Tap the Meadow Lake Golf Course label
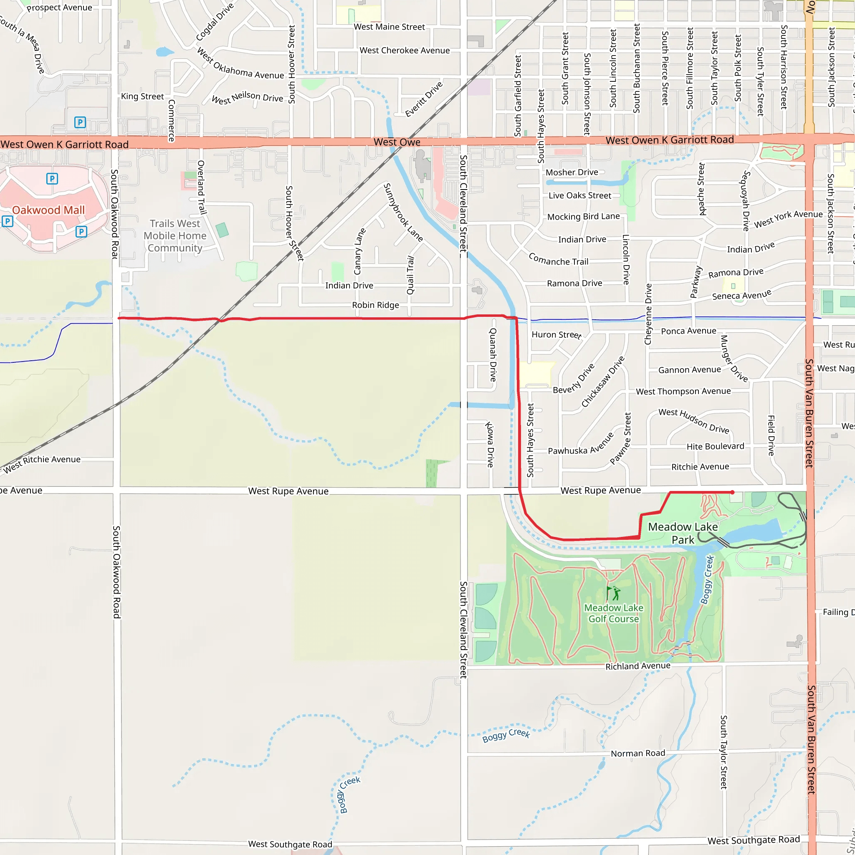tap(613, 613)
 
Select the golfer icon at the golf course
tap(613, 593)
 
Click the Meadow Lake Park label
tap(683, 533)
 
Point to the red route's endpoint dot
tap(732, 492)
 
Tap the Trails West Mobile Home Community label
tap(175, 236)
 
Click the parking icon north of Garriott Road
tap(80, 122)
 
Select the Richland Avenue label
tap(638, 666)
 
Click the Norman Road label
tap(638, 754)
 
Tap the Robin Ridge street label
tap(375, 305)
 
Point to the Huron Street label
tap(556, 335)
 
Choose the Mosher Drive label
tap(572, 172)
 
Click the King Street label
tap(142, 96)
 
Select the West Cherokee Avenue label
tap(405, 51)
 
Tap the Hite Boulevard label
tap(715, 447)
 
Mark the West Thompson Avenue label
tap(683, 391)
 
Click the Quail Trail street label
tap(411, 275)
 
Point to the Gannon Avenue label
tap(690, 369)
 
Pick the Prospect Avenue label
tap(59, 8)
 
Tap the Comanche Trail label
tap(559, 259)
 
